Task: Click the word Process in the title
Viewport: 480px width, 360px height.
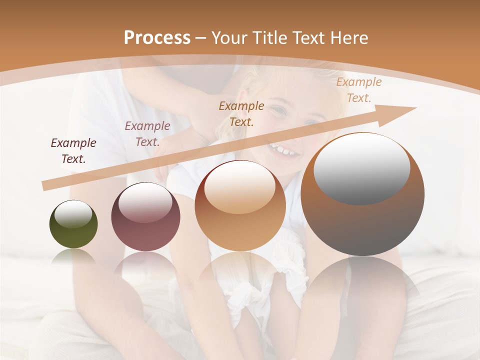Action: (157, 37)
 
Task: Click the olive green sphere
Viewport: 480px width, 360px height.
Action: (73, 224)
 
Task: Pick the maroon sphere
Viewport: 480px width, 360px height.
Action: (145, 217)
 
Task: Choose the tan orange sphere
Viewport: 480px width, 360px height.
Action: (240, 206)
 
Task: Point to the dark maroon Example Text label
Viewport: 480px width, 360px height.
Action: (73, 151)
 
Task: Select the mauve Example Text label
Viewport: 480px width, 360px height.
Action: (147, 134)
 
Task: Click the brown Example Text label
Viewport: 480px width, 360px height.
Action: (241, 113)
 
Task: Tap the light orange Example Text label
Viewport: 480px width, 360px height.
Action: (358, 90)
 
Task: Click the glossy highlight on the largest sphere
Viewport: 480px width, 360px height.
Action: (361, 168)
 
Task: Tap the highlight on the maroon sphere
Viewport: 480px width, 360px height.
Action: (145, 202)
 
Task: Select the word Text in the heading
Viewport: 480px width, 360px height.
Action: (310, 37)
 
